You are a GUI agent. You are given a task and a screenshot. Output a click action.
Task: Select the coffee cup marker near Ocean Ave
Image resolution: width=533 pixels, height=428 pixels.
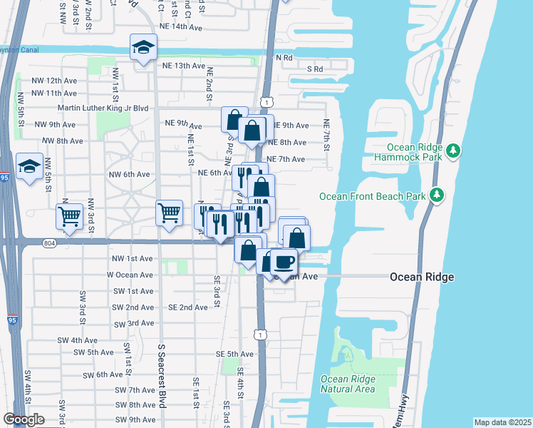click(284, 262)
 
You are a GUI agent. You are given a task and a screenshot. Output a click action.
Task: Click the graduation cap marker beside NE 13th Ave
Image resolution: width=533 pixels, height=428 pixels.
click(143, 48)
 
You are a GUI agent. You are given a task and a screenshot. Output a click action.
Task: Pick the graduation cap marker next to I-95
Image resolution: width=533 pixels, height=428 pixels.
click(29, 167)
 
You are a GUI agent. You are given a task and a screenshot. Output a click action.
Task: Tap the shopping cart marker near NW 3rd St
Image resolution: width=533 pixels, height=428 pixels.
click(69, 217)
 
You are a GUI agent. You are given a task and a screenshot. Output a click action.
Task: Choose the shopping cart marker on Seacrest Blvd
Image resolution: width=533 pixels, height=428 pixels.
click(170, 213)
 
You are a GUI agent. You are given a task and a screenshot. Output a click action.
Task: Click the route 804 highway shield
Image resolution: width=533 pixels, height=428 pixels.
click(48, 243)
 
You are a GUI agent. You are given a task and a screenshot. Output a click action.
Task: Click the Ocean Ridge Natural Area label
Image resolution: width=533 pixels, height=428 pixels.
click(348, 384)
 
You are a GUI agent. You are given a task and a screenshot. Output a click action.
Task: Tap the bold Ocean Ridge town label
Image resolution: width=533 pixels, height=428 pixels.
click(421, 277)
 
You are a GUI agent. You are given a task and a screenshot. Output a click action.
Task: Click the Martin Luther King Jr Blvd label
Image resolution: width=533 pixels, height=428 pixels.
click(103, 108)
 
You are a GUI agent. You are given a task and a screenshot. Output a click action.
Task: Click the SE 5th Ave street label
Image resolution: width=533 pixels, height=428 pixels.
click(230, 354)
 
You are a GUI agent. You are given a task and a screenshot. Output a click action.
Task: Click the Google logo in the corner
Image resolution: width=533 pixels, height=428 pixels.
click(24, 419)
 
